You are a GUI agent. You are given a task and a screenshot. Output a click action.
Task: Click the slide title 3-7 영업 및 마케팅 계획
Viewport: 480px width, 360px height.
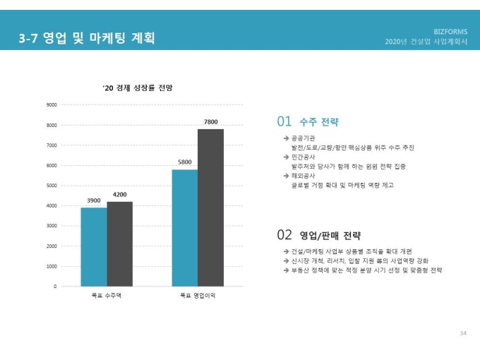click(88, 37)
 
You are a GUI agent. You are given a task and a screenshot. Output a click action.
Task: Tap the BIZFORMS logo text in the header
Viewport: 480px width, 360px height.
click(450, 32)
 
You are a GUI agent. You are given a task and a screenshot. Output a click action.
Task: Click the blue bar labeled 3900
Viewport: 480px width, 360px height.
click(94, 246)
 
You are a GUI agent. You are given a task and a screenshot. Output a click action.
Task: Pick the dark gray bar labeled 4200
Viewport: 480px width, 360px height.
click(120, 244)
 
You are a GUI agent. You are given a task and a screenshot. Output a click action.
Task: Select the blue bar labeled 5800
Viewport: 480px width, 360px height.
click(184, 227)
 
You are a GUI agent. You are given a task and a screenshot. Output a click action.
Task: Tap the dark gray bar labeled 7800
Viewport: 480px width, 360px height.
click(210, 208)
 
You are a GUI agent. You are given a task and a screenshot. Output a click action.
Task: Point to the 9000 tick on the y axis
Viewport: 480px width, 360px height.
click(52, 104)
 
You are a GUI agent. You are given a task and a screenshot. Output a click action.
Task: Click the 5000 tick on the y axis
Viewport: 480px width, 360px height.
click(52, 186)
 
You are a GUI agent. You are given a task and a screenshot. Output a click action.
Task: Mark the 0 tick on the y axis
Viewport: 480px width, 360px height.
click(55, 287)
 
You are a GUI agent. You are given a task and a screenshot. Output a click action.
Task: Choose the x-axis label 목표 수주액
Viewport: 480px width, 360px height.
click(107, 296)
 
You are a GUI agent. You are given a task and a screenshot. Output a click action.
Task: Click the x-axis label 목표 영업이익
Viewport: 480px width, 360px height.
click(198, 296)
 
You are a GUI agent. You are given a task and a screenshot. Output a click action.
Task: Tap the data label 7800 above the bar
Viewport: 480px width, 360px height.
click(210, 122)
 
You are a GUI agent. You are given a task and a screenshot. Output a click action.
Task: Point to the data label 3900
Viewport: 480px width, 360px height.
click(94, 200)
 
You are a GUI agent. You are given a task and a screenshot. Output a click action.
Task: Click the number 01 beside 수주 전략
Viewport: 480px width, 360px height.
click(284, 122)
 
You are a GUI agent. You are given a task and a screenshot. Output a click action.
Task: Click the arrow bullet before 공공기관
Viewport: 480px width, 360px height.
click(285, 138)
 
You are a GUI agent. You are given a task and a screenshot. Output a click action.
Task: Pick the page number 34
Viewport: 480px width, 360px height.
click(463, 332)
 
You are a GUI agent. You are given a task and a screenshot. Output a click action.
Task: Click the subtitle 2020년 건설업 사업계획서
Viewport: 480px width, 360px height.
click(426, 42)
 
